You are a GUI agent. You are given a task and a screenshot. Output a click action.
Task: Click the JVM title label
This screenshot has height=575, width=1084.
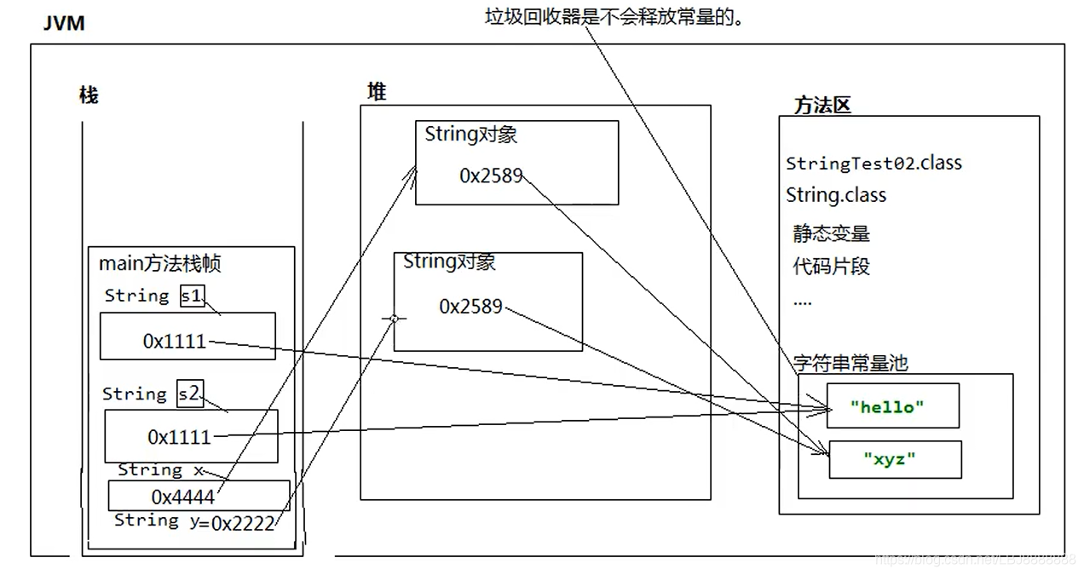[x=64, y=23]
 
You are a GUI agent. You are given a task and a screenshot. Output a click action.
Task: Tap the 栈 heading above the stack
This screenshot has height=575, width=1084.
[x=89, y=95]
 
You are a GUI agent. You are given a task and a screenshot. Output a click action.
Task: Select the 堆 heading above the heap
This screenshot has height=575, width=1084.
[x=377, y=92]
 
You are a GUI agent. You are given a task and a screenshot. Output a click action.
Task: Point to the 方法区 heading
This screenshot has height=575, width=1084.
[x=822, y=106]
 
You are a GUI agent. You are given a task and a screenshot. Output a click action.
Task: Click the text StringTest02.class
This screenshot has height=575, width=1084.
[x=874, y=163]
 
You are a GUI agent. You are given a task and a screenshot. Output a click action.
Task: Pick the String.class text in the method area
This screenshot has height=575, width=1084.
[x=836, y=195]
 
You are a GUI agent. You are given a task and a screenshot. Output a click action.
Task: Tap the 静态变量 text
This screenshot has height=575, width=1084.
[x=831, y=233]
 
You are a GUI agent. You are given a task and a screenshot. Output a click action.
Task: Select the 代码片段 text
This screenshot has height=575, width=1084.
[x=831, y=266]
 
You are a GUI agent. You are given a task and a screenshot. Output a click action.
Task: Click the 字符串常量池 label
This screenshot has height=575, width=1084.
[x=850, y=363]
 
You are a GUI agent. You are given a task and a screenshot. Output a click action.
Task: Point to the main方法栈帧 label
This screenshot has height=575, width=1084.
[x=159, y=264]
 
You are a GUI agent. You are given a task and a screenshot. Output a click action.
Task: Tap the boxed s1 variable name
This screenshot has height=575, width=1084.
[x=193, y=296]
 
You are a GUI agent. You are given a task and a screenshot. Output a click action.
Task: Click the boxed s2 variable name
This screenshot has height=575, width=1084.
[x=190, y=394]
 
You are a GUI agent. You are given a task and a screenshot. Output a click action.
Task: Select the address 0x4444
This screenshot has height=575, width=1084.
[x=182, y=496]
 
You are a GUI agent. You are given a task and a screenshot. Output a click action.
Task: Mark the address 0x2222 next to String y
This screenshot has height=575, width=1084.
[x=243, y=523]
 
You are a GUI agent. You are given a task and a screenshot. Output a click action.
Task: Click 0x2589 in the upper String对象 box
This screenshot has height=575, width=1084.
[x=491, y=175]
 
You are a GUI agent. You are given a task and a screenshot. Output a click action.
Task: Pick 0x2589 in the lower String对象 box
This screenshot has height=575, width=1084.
[x=470, y=307]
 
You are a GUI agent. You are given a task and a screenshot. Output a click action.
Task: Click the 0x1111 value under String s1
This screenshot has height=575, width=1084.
[x=175, y=342]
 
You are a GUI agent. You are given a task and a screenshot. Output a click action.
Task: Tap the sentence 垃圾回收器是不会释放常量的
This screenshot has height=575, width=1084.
[x=613, y=16]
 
